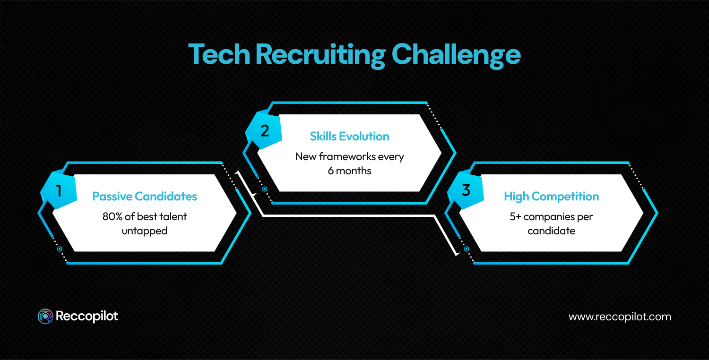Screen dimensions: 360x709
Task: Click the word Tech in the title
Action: pyautogui.click(x=219, y=55)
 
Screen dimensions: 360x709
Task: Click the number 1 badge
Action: pyautogui.click(x=59, y=191)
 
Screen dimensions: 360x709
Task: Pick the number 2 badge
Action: pyautogui.click(x=265, y=131)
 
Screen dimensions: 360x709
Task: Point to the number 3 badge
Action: pyautogui.click(x=466, y=191)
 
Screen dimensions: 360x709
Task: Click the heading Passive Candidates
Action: pyautogui.click(x=145, y=196)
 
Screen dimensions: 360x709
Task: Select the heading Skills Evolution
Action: pyautogui.click(x=349, y=137)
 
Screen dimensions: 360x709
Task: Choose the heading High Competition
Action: pyautogui.click(x=551, y=196)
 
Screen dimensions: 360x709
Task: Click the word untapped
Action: pyautogui.click(x=145, y=231)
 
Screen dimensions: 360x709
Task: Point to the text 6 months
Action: pyautogui.click(x=349, y=171)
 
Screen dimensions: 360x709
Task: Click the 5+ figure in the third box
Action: pyautogui.click(x=516, y=217)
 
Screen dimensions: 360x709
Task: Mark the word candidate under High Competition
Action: pyautogui.click(x=551, y=231)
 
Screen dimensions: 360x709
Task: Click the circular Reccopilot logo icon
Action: pyautogui.click(x=45, y=317)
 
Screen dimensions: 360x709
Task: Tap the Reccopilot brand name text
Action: pyautogui.click(x=87, y=316)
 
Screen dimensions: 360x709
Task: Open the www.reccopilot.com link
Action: pyautogui.click(x=620, y=317)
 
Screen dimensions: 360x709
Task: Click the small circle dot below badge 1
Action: pyautogui.click(x=60, y=249)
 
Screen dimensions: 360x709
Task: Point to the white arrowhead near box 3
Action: pyautogui.click(x=458, y=254)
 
